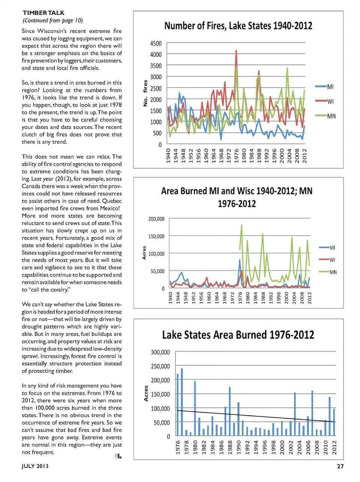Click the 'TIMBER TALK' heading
[43, 13]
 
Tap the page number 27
[340, 466]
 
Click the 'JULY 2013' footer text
[35, 466]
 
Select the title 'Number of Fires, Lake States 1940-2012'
[238, 26]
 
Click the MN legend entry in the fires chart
[331, 116]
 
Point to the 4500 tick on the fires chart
[156, 43]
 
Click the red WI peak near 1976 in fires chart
[236, 51]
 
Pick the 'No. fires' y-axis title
[145, 93]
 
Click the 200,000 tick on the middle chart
[156, 219]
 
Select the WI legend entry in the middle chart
[332, 260]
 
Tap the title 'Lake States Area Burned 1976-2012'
[238, 335]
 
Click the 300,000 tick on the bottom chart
[160, 352]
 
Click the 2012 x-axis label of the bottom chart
[334, 447]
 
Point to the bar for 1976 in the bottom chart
[178, 405]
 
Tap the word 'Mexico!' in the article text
[110, 208]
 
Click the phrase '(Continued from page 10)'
[52, 20]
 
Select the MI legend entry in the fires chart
[330, 87]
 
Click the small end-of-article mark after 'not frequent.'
[118, 456]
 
